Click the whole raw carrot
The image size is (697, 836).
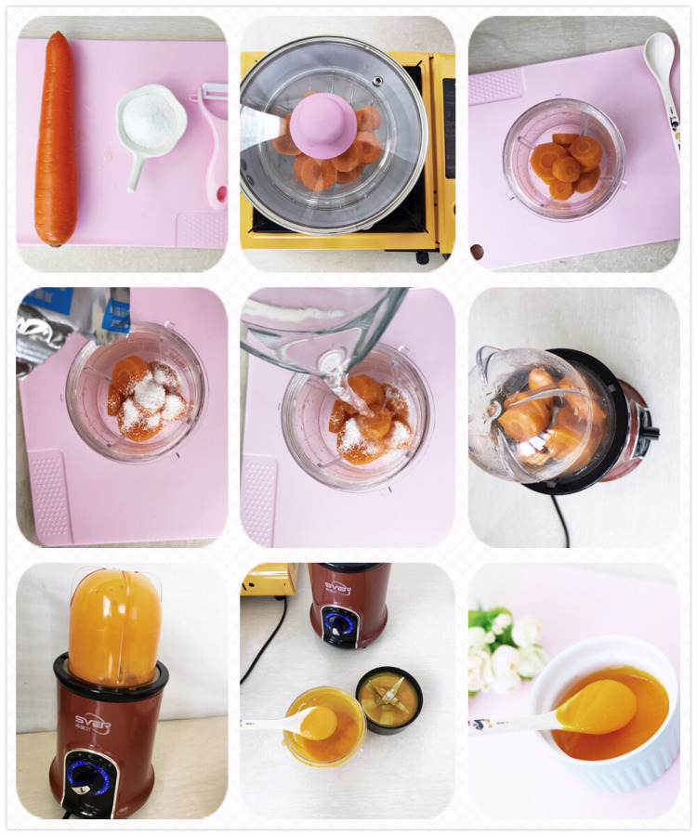56,139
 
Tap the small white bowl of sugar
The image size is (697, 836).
150,120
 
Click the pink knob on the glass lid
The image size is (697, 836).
323,119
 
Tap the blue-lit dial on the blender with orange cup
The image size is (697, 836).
89,776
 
